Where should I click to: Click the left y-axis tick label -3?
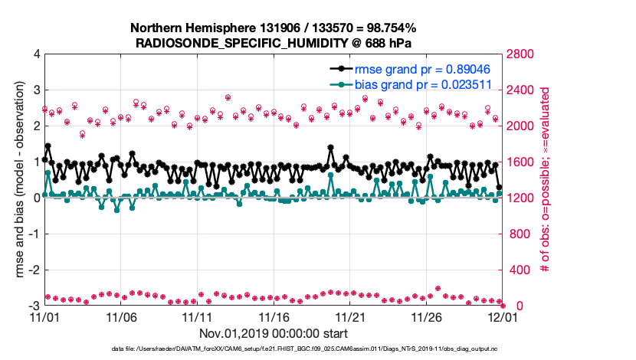[x=34, y=306]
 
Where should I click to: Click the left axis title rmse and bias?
[x=17, y=180]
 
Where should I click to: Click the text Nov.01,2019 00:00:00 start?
[x=274, y=333]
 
